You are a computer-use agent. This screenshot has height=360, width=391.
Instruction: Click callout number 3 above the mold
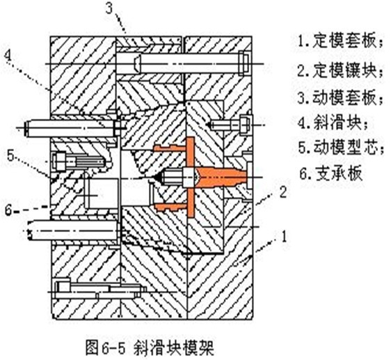click(x=109, y=9)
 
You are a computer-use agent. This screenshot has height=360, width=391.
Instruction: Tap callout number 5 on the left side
click(x=10, y=156)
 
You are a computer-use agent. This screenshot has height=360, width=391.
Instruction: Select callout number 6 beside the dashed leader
click(x=9, y=210)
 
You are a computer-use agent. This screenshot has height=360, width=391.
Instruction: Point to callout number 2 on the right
click(x=282, y=192)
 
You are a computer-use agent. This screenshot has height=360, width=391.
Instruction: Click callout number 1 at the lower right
click(x=284, y=236)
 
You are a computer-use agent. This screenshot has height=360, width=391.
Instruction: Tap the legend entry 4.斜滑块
click(x=333, y=123)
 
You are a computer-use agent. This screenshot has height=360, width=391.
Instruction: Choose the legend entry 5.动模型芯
click(x=341, y=148)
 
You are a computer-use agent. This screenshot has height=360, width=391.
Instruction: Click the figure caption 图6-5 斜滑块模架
click(x=150, y=347)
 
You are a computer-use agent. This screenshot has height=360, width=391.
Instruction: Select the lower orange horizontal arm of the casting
click(x=170, y=207)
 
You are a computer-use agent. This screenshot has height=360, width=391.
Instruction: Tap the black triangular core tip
click(x=157, y=178)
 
